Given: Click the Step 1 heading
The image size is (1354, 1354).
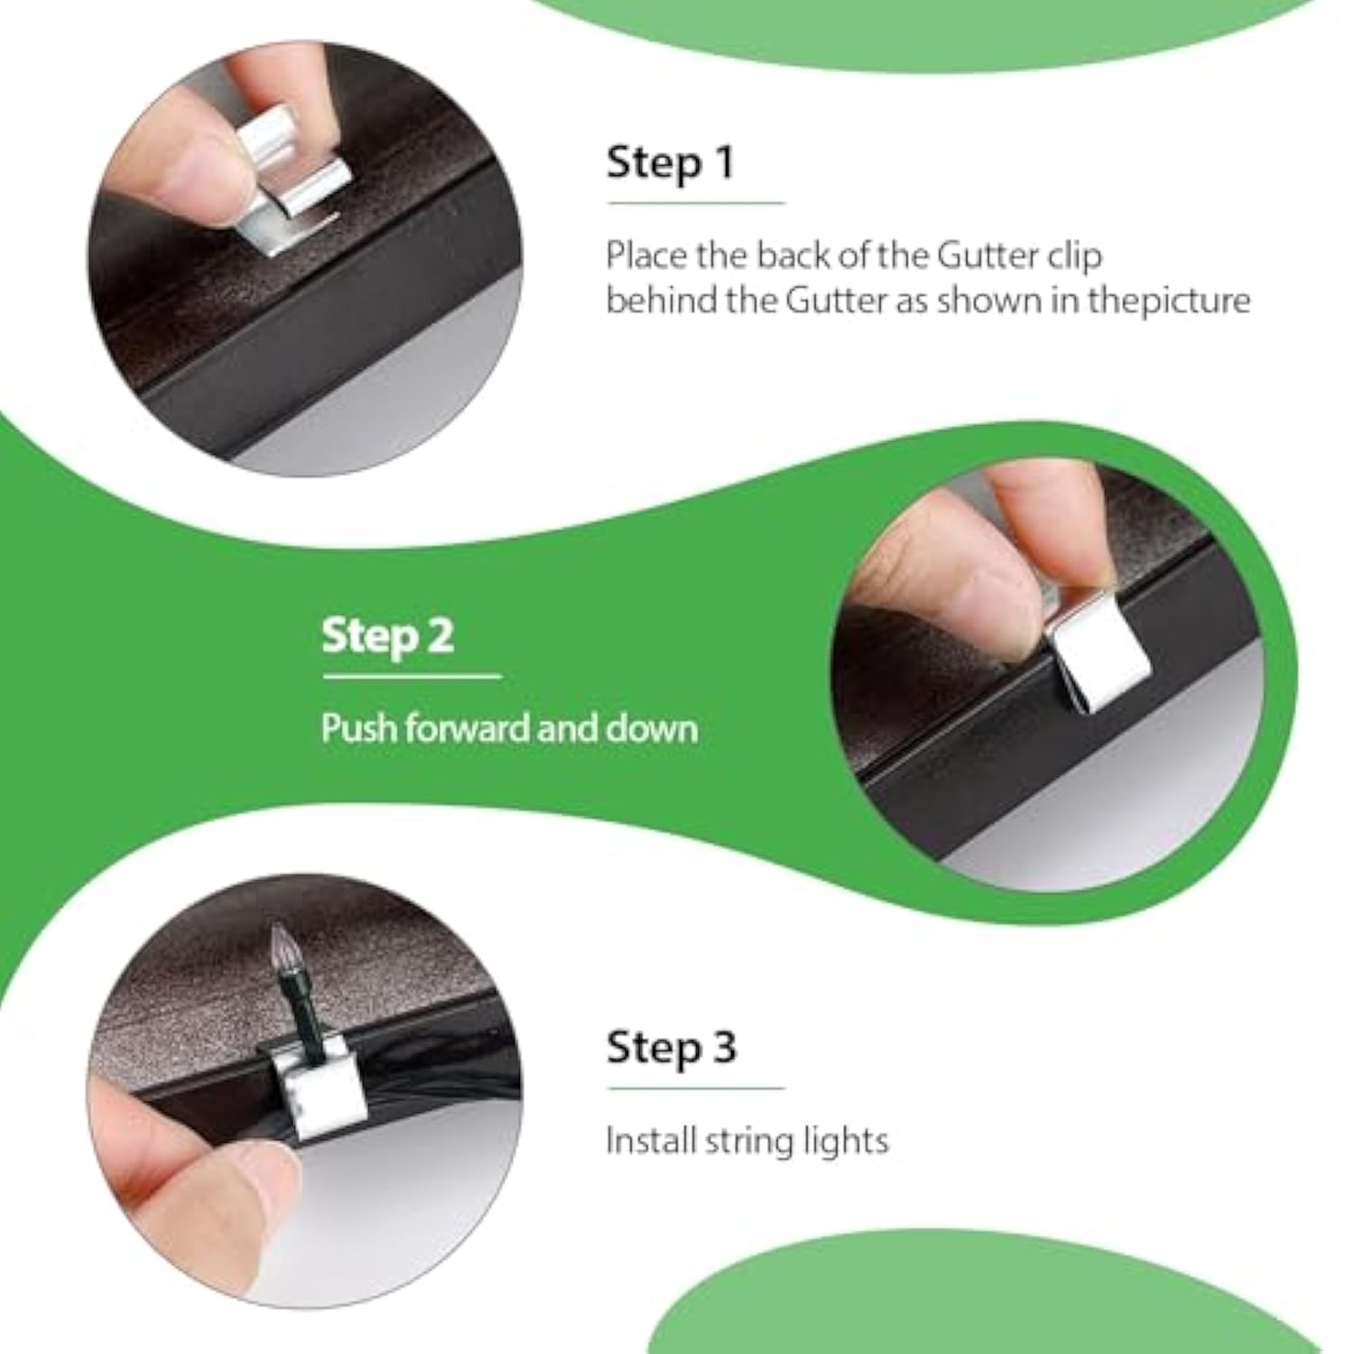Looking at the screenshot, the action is pyautogui.click(x=670, y=163).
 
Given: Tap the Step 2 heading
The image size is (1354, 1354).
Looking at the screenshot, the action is pyautogui.click(x=387, y=635).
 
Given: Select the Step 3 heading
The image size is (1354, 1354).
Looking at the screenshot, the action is pyautogui.click(x=672, y=1048).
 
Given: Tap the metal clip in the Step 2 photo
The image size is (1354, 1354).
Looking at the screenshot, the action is pyautogui.click(x=1095, y=658).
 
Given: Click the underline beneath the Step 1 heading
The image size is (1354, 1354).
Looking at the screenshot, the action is pyautogui.click(x=696, y=203).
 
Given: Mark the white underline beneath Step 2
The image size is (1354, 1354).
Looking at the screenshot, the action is pyautogui.click(x=412, y=676).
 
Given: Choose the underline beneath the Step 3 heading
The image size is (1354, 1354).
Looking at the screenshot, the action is pyautogui.click(x=696, y=1088).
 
